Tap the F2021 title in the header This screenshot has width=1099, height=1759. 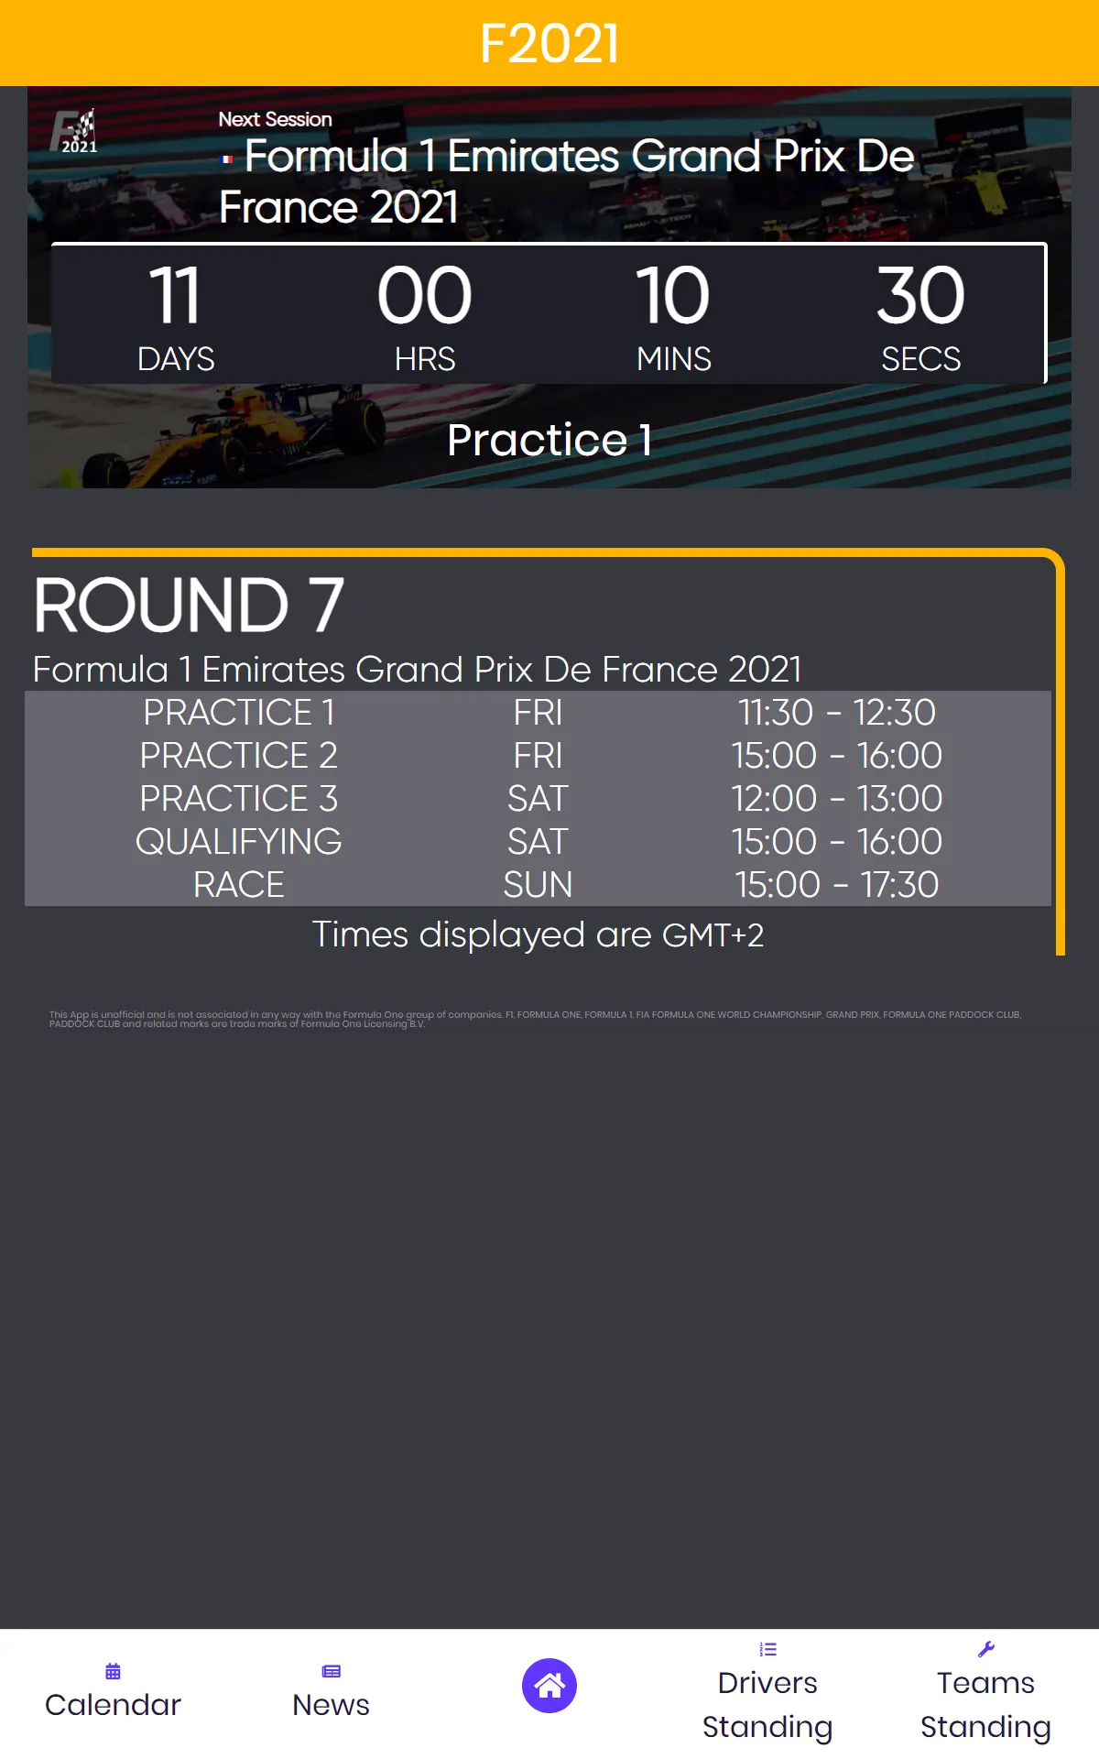point(549,43)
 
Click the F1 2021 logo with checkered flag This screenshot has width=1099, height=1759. point(75,131)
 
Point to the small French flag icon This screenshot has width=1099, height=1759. point(226,159)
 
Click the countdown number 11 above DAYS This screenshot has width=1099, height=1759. point(174,296)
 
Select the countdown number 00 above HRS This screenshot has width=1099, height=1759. point(424,296)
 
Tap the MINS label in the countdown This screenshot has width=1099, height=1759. point(673,359)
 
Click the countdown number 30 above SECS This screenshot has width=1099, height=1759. point(920,296)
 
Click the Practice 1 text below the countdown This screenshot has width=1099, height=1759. point(549,440)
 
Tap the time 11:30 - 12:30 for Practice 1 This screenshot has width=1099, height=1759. point(836,713)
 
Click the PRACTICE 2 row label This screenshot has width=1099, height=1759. point(238,756)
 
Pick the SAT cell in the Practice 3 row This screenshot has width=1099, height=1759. point(538,799)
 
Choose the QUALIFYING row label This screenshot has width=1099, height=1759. point(238,842)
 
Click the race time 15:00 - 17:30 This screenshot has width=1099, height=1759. point(836,885)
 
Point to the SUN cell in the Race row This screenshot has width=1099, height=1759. point(538,885)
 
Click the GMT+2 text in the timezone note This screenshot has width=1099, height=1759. point(713,935)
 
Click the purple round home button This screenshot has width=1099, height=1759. point(549,1686)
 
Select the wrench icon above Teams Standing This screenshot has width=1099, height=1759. point(985,1649)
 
